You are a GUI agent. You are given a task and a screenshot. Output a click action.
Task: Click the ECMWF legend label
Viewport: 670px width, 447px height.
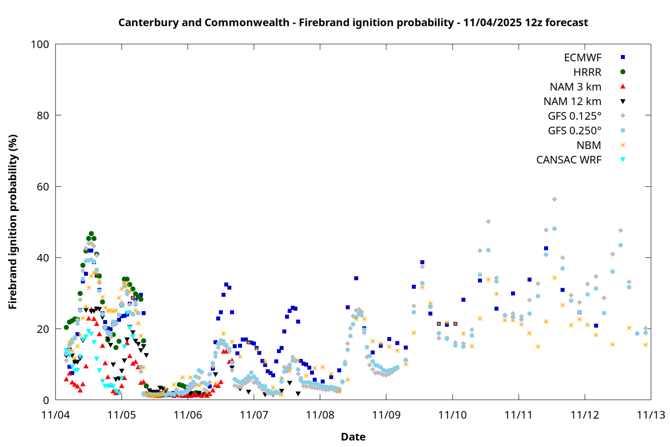582,58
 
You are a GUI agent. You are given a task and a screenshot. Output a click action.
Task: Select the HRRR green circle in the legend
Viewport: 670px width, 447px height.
623,72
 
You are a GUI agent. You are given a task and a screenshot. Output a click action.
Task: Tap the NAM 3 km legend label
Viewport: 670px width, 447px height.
575,87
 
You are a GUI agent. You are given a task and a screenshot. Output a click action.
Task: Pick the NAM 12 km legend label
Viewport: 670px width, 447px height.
572,101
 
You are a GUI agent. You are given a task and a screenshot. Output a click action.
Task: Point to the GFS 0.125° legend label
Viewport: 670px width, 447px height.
574,116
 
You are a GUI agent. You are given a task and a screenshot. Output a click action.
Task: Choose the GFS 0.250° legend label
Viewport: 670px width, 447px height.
574,131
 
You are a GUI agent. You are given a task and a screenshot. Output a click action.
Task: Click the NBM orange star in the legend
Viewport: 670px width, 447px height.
623,145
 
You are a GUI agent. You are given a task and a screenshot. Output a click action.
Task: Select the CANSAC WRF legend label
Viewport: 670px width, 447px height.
569,160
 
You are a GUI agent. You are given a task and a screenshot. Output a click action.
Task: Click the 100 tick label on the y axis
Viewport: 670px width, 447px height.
40,44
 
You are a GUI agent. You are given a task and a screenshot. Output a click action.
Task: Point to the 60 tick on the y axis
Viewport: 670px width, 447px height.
56,186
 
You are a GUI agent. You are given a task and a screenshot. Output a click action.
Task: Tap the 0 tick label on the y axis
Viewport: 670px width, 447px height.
46,400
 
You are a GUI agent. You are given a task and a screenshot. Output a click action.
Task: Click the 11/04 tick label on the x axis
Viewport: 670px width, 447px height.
55,415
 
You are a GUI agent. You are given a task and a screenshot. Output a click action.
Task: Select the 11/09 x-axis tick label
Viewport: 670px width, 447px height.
386,415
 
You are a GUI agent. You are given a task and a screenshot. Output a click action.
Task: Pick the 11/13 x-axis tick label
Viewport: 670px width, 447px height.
650,415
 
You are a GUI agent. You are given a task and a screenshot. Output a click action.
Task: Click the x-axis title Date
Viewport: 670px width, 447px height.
353,437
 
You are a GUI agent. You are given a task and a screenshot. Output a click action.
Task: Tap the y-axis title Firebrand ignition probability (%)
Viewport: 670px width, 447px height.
13,222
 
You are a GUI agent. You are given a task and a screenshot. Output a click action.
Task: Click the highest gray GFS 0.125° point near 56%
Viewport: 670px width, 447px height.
554,199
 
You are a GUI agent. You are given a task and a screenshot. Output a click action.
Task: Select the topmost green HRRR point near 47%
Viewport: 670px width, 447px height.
91,234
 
